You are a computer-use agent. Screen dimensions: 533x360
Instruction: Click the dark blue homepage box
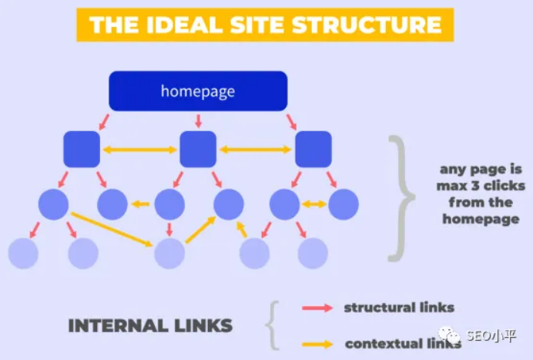[198, 91]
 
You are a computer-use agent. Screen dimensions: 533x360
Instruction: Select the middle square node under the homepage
[198, 149]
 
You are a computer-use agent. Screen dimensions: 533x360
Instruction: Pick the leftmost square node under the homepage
[82, 149]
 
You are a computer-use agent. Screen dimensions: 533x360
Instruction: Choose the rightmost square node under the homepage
[313, 149]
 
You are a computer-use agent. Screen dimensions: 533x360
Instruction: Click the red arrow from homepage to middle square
[199, 121]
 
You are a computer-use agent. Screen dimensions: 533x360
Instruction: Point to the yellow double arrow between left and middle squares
[139, 150]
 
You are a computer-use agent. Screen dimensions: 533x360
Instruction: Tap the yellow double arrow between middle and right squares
[256, 150]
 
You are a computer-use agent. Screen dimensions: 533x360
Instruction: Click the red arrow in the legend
[317, 308]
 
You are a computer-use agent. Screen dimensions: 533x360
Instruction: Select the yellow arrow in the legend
[317, 345]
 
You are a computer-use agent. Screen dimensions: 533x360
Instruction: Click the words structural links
[399, 308]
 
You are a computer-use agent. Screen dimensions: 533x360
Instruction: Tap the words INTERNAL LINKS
[151, 325]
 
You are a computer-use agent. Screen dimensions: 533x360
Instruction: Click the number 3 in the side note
[475, 186]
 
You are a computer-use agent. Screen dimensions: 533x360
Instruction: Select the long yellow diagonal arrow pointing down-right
[112, 229]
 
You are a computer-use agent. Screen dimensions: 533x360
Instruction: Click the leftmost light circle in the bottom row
[23, 254]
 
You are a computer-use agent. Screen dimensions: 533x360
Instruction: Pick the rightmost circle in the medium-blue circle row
[344, 204]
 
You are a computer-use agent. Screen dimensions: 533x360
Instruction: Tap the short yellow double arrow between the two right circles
[314, 204]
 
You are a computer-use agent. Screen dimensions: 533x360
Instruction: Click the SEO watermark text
[491, 336]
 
